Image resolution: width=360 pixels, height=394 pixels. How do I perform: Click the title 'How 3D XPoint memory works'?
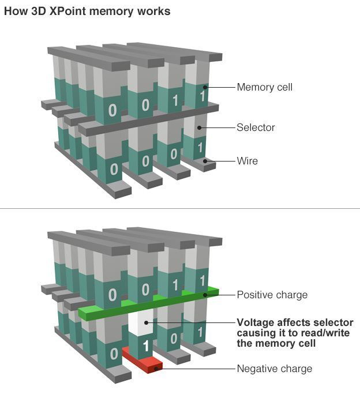87,12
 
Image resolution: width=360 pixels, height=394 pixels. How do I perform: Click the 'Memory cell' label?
264,88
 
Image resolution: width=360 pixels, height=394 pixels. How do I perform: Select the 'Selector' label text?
256,127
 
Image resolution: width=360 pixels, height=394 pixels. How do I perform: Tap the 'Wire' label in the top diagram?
247,161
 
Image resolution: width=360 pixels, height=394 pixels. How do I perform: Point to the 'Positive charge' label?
272,295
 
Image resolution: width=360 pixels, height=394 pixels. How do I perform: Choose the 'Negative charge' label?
274,369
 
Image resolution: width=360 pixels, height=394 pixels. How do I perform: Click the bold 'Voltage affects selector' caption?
295,322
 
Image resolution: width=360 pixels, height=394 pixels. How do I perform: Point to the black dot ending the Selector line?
200,127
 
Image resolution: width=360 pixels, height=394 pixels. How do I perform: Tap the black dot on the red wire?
154,369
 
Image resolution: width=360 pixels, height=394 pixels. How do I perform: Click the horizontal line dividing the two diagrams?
180,209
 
